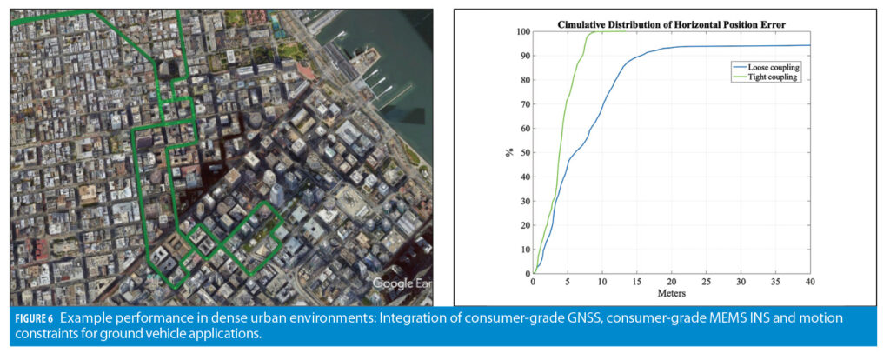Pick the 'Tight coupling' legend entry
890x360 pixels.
(x=767, y=77)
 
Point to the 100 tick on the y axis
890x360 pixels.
(x=523, y=31)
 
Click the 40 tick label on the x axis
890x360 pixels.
(x=810, y=282)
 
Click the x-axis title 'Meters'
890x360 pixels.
(x=671, y=294)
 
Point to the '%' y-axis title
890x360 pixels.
(x=509, y=153)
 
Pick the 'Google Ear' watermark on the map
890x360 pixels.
(x=402, y=283)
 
